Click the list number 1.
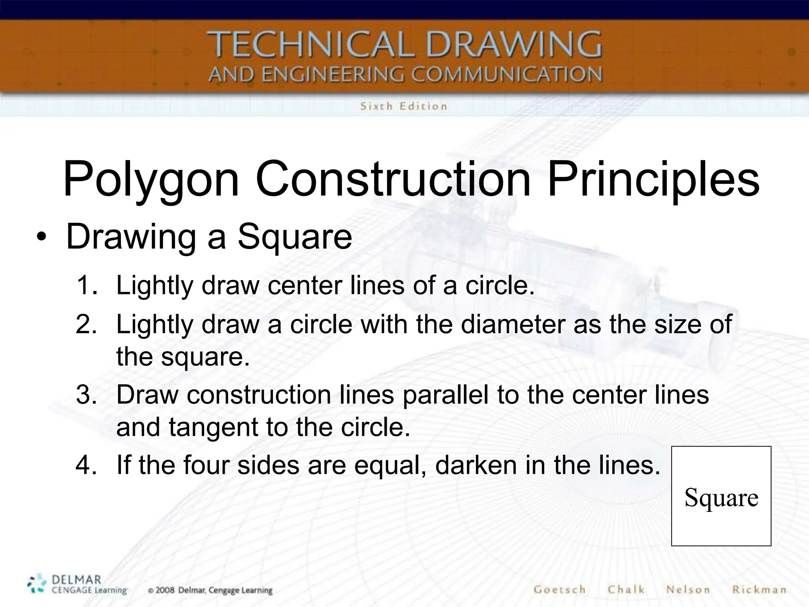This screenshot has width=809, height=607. coord(87,285)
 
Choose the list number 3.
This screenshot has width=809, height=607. coord(87,395)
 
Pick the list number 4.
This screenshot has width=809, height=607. coord(87,465)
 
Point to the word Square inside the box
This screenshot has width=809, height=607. coord(721,498)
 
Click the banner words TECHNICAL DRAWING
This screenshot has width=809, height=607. coord(404,44)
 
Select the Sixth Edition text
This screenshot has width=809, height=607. coord(403,106)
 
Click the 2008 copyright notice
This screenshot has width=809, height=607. coord(210,591)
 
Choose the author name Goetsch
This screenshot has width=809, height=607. coord(559,590)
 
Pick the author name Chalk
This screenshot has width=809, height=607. coord(626,590)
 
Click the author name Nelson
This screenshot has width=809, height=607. coord(688,590)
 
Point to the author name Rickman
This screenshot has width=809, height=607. coord(759,590)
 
